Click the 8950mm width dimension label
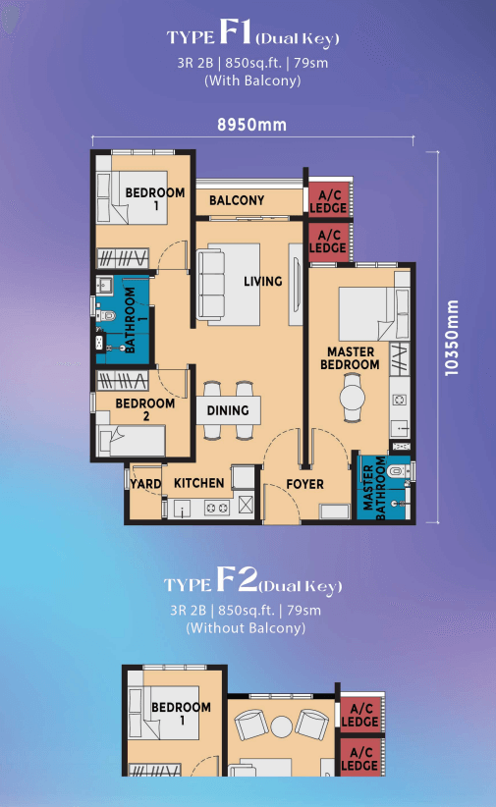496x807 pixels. pos(251,125)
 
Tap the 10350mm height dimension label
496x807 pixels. pos(451,338)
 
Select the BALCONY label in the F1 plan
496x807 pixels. pos(237,200)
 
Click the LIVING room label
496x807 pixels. pos(262,281)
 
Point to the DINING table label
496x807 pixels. pos(228,410)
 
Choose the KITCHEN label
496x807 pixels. pos(198,483)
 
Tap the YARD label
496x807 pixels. pos(145,484)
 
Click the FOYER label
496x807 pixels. pos(304,484)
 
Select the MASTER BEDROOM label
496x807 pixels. pos(351,358)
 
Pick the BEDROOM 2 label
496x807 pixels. pos(144,409)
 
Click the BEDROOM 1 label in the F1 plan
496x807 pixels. pos(155,199)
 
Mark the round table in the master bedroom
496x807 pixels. pos(353,397)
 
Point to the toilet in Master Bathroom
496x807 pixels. pos(398,470)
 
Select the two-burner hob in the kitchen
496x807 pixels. pos(217,508)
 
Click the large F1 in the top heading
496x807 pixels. pos(235,31)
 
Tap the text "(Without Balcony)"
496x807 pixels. pos(246,628)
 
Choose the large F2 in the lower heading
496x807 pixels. pos(237,579)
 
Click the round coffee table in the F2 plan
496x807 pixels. pos(282,726)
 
